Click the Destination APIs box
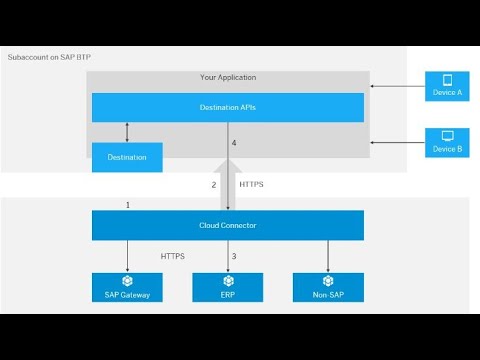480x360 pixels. [227, 107]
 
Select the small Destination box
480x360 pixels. [127, 157]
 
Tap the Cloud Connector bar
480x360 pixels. [227, 225]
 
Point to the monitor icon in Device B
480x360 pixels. [446, 135]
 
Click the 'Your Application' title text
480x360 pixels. [227, 77]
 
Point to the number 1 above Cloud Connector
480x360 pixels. [128, 204]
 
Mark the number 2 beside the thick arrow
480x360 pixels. [213, 185]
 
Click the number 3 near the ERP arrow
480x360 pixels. [234, 257]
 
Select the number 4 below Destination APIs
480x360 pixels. [234, 144]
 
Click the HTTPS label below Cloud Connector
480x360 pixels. [173, 257]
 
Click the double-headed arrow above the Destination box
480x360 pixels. [127, 132]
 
